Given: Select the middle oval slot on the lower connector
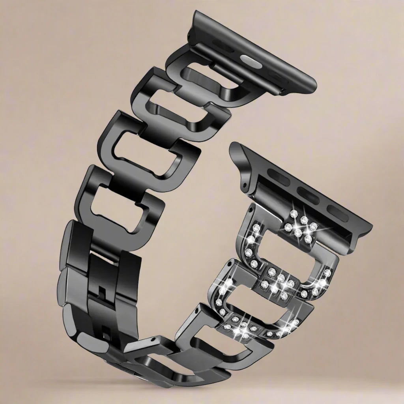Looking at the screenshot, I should point(308,195).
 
